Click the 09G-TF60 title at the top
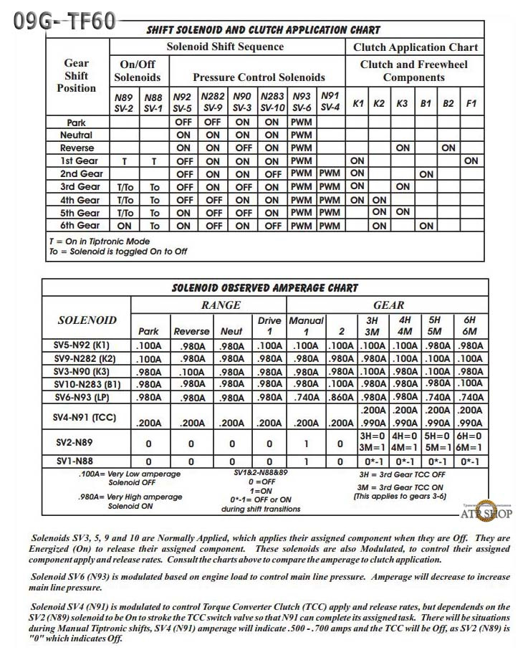pyautogui.click(x=65, y=21)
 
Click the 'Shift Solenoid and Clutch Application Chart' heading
pyautogui.click(x=263, y=30)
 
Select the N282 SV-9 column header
pyautogui.click(x=213, y=102)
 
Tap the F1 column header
pyautogui.click(x=471, y=103)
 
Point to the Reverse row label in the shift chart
pyautogui.click(x=77, y=148)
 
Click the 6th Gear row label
pyautogui.click(x=80, y=226)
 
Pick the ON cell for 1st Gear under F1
pyautogui.click(x=471, y=161)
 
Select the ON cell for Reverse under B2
pyautogui.click(x=448, y=148)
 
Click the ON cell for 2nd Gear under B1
pyautogui.click(x=426, y=173)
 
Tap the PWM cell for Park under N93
pyautogui.click(x=302, y=122)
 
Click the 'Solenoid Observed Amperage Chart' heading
pyautogui.click(x=264, y=288)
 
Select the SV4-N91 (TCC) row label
pyautogui.click(x=86, y=416)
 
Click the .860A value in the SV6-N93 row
pyautogui.click(x=340, y=397)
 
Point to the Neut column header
pyautogui.click(x=231, y=332)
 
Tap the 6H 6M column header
pyautogui.click(x=469, y=325)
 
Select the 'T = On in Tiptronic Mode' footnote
pyautogui.click(x=100, y=241)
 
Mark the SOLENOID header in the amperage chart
pyautogui.click(x=87, y=320)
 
